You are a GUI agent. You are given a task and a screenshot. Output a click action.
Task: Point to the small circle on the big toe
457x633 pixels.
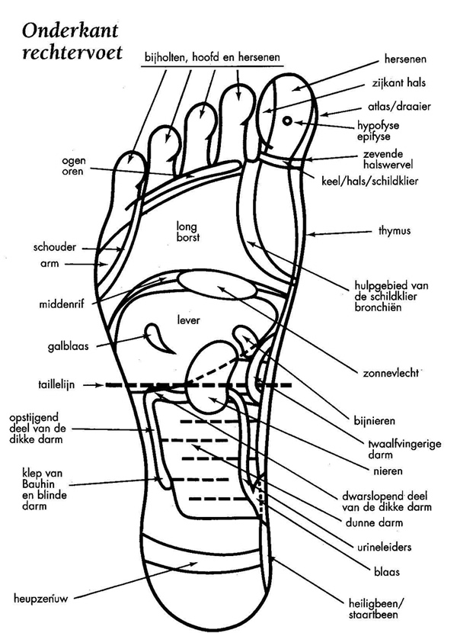287,120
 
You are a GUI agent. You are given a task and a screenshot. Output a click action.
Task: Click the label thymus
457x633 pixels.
395,230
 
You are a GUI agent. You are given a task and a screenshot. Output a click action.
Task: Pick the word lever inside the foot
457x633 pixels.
188,321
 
